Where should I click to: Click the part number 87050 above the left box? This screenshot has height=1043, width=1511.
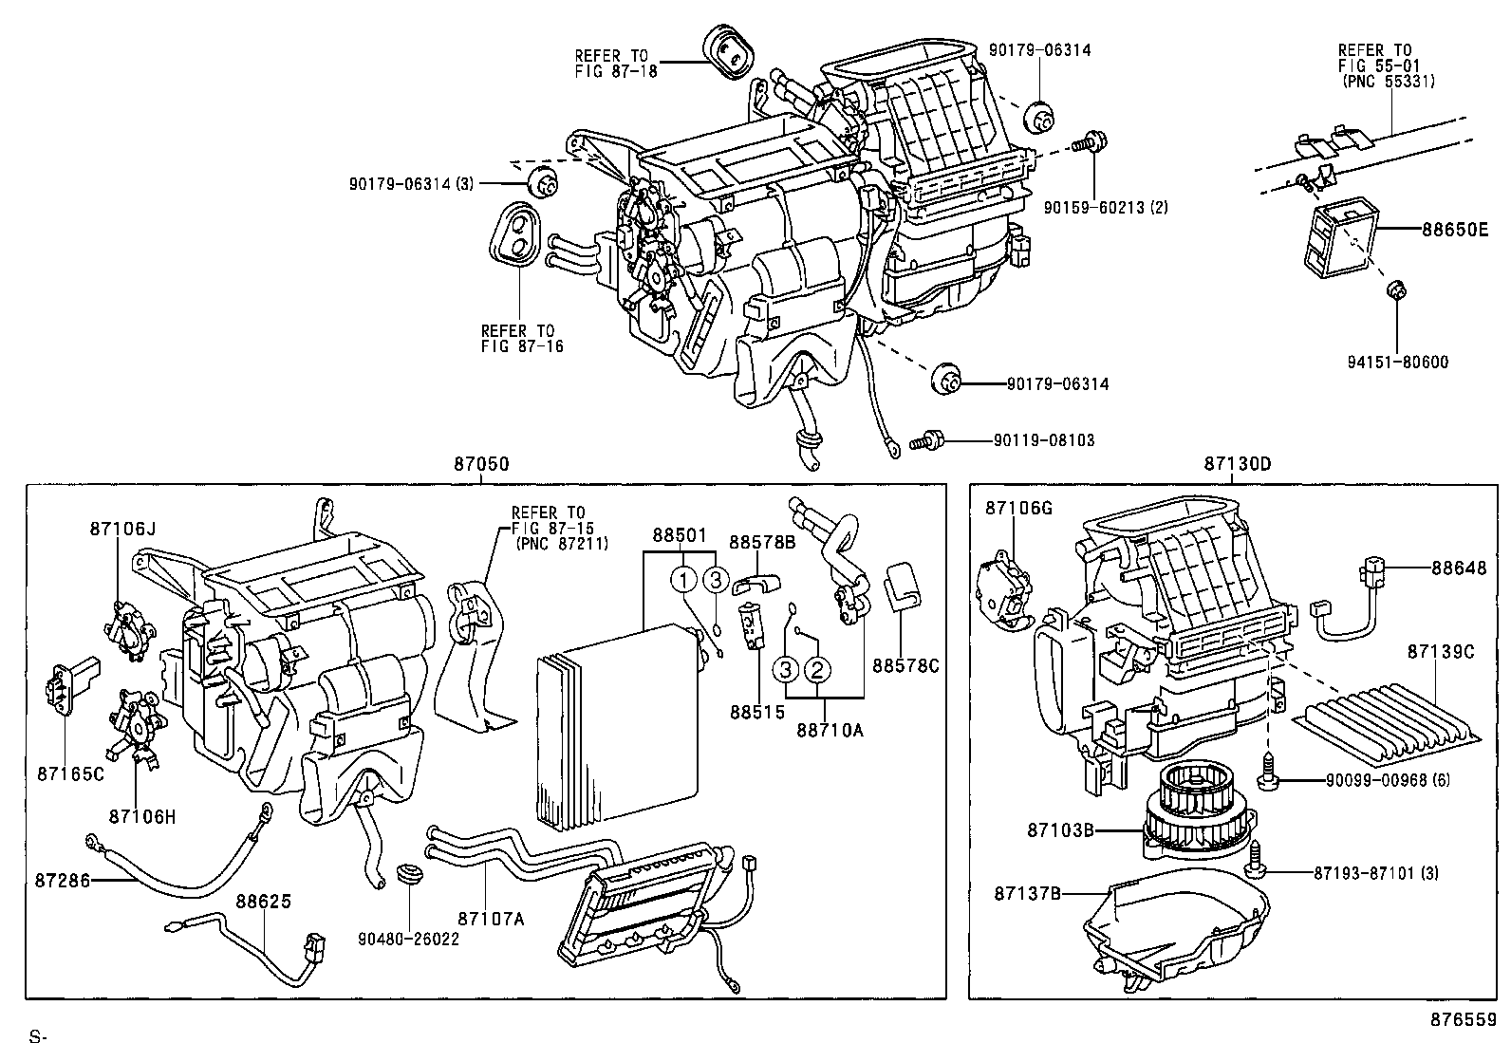coord(481,464)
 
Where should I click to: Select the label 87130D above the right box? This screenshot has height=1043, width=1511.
coord(1237,464)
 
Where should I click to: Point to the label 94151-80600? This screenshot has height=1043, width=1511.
coord(1397,362)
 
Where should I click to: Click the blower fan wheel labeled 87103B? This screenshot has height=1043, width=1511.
coord(1199,818)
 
